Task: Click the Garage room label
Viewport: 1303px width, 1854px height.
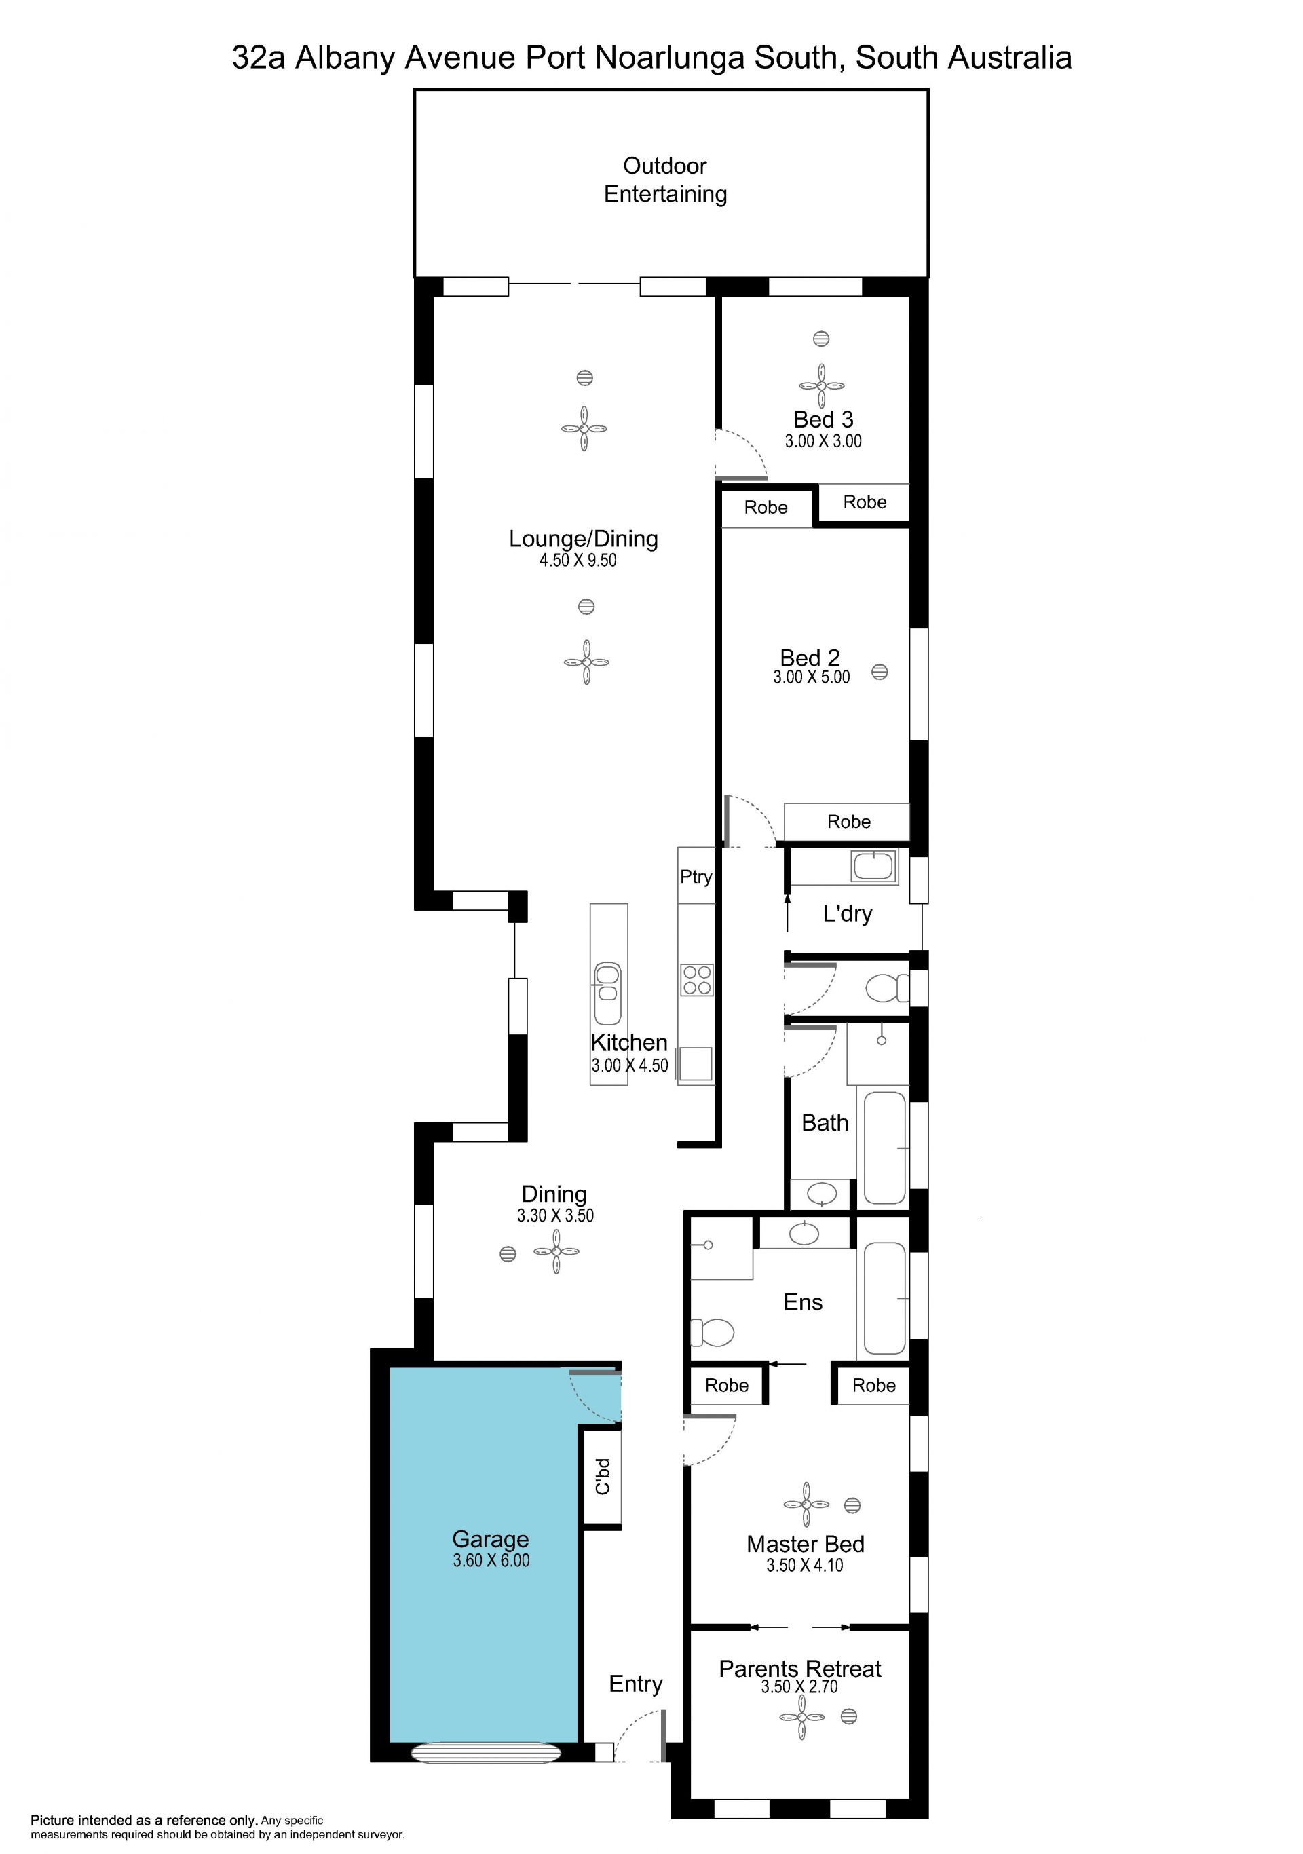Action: click(x=490, y=1539)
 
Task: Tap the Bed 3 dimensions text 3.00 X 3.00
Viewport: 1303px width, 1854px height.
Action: click(x=823, y=441)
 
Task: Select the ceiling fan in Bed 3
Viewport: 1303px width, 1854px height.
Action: click(x=822, y=386)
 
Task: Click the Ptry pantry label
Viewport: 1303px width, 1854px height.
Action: click(x=696, y=877)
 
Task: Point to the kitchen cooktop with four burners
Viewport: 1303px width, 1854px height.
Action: click(x=697, y=981)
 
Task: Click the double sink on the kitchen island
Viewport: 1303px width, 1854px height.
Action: click(x=607, y=994)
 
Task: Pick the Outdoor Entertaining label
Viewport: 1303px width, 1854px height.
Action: click(x=665, y=180)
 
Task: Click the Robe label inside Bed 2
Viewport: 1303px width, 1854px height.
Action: click(x=848, y=822)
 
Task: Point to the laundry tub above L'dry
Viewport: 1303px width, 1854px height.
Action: click(x=873, y=867)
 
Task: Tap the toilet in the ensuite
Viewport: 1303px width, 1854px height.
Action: click(x=713, y=1332)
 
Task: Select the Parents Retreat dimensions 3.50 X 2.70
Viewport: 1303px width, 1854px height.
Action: click(x=799, y=1687)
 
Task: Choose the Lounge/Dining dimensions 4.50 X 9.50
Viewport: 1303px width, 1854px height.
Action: click(x=578, y=561)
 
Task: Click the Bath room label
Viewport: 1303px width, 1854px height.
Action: click(x=825, y=1122)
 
